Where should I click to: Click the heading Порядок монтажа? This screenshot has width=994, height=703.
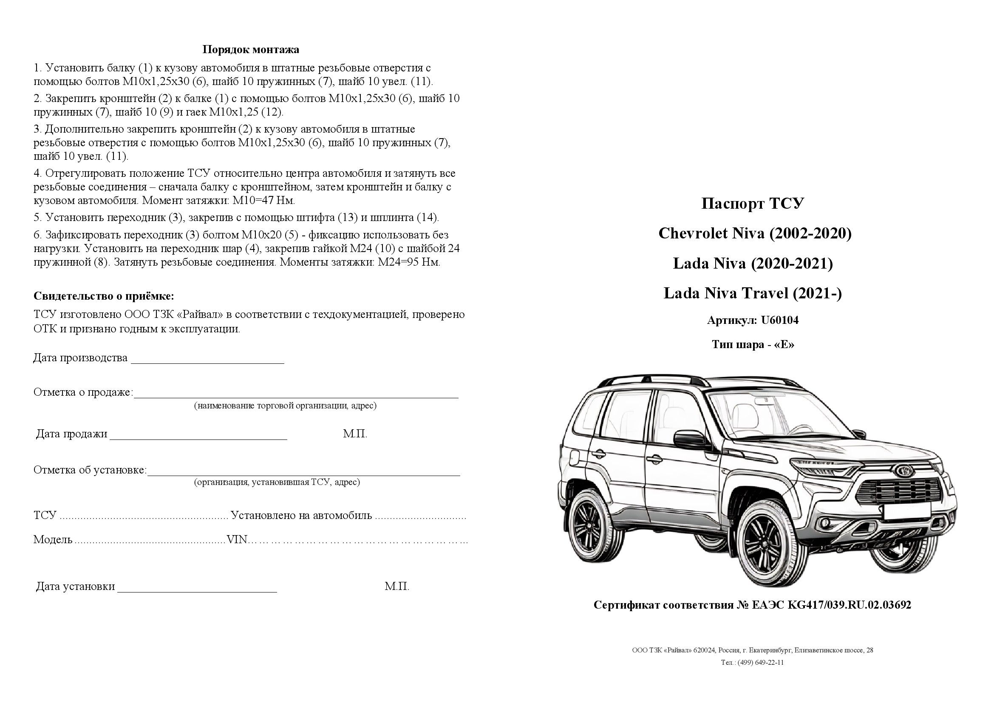251,50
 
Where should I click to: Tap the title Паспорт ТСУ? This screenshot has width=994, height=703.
753,204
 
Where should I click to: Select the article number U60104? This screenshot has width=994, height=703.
780,320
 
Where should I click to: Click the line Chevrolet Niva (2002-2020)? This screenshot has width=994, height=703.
755,234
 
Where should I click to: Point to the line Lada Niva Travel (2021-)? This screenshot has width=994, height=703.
753,294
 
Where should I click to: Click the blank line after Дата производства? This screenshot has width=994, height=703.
207,362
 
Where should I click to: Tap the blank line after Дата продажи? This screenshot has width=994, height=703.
198,438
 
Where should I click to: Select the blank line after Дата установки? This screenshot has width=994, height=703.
197,590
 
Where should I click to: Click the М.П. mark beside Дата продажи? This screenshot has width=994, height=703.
355,434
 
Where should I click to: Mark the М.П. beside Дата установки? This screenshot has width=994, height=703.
396,587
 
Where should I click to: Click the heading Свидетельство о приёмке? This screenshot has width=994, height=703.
104,297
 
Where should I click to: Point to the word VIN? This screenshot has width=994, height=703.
237,540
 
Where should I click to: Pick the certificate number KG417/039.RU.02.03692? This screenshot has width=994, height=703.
849,605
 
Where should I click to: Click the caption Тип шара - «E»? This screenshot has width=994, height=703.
753,345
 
